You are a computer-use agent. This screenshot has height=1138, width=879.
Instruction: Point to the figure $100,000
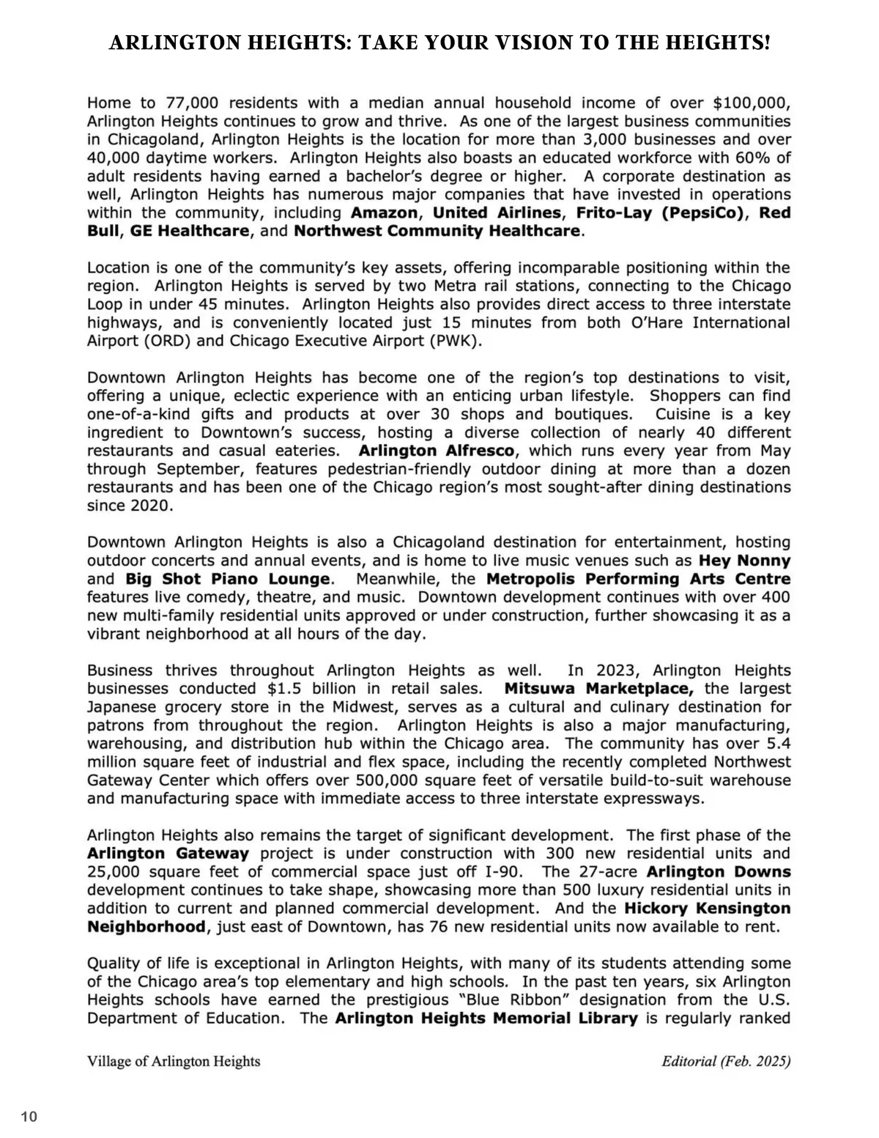[x=752, y=103]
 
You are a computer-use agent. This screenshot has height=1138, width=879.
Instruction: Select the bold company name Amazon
[x=385, y=213]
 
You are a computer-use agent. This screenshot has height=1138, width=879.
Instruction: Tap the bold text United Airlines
[x=497, y=213]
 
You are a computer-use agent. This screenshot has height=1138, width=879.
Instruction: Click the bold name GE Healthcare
[x=190, y=232]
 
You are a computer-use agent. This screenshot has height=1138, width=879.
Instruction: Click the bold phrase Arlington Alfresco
[x=437, y=451]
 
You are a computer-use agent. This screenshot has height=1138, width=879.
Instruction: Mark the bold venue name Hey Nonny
[x=744, y=561]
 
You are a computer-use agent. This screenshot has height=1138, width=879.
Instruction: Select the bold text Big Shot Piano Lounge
[x=227, y=580]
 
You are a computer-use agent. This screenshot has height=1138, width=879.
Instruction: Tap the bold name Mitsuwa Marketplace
[x=598, y=690]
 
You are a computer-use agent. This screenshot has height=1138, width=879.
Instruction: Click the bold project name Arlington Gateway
[x=168, y=854]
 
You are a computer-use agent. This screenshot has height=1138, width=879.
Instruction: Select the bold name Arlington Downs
[x=719, y=872]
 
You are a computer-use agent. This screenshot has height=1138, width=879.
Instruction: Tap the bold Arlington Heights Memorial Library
[x=486, y=1019]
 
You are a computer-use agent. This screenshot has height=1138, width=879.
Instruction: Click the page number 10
[x=29, y=1117]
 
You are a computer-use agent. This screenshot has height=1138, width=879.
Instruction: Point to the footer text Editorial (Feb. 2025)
[x=726, y=1062]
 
